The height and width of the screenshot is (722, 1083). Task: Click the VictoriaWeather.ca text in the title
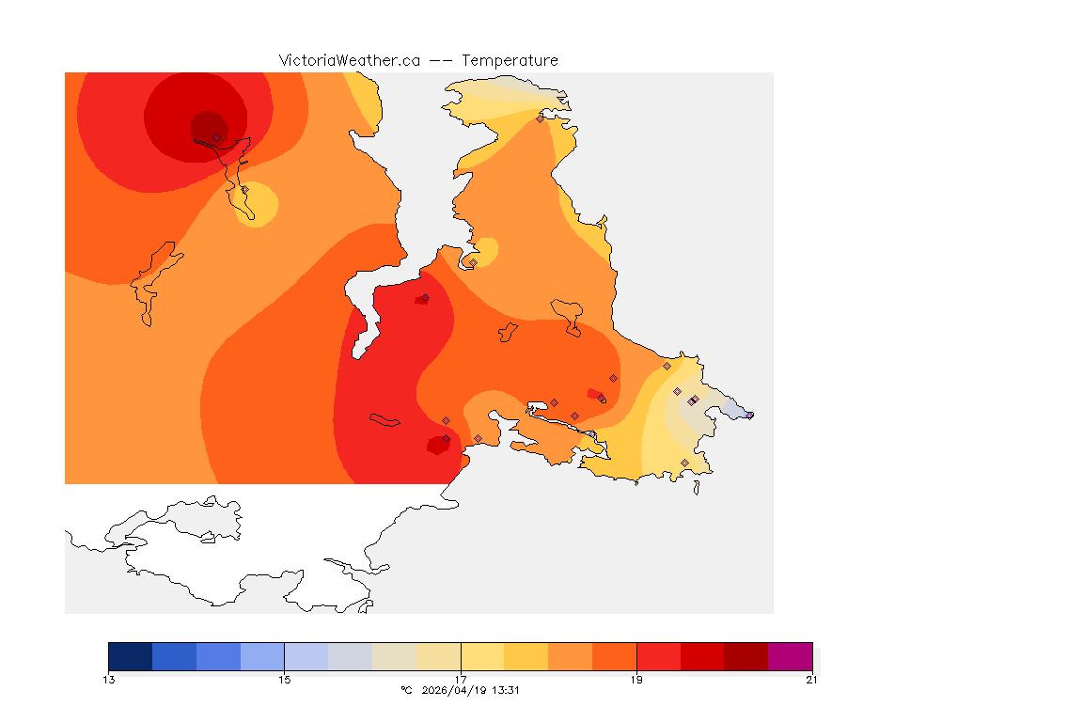[x=349, y=60]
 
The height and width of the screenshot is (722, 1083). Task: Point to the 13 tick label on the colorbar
[x=109, y=680]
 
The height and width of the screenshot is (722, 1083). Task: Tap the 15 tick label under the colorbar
[x=284, y=680]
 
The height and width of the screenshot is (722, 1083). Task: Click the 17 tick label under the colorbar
[x=461, y=680]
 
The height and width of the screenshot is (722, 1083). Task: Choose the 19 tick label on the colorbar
[x=636, y=680]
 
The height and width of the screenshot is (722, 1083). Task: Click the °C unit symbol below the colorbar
[x=406, y=690]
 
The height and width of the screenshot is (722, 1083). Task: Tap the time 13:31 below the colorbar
[x=506, y=690]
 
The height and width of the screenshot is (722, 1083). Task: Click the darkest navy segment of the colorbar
[x=130, y=656]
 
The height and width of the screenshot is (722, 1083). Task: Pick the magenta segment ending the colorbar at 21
[x=790, y=656]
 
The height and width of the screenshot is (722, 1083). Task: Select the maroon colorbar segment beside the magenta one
[x=746, y=656]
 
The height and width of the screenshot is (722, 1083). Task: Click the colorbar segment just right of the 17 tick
[x=482, y=656]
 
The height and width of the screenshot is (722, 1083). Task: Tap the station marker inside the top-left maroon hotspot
[x=216, y=137]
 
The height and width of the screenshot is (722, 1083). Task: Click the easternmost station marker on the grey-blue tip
[x=749, y=415]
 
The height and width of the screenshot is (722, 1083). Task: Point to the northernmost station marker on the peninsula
[x=540, y=118]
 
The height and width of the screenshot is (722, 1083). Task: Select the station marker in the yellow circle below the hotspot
[x=245, y=189]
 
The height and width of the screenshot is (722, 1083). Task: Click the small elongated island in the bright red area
[x=385, y=419]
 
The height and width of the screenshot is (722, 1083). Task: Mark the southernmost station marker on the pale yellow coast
[x=684, y=463]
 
